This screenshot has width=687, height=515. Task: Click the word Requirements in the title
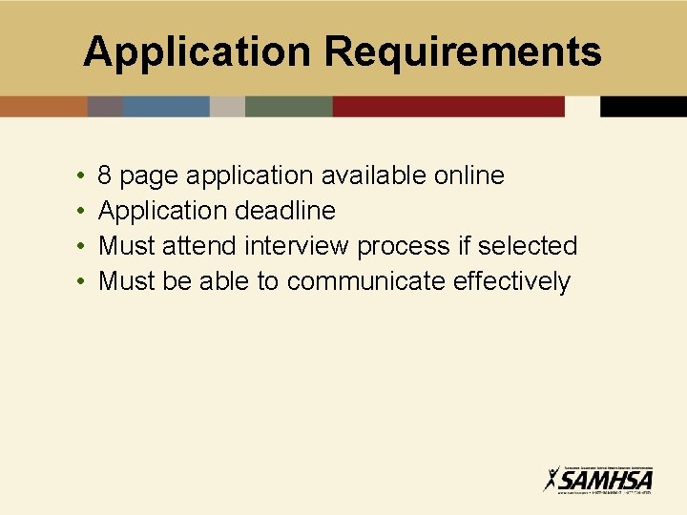pyautogui.click(x=464, y=52)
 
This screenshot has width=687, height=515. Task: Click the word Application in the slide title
pyautogui.click(x=199, y=52)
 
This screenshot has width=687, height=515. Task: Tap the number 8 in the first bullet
pyautogui.click(x=106, y=175)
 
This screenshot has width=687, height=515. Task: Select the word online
pyautogui.click(x=468, y=175)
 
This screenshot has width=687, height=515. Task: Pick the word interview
pyautogui.click(x=298, y=246)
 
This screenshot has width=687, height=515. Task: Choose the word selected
pyautogui.click(x=528, y=246)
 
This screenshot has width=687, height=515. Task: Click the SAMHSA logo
pyautogui.click(x=598, y=478)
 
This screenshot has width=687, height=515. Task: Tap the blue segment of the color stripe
pyautogui.click(x=166, y=106)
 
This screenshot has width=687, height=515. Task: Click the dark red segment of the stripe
pyautogui.click(x=448, y=106)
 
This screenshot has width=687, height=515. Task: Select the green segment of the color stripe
pyautogui.click(x=288, y=106)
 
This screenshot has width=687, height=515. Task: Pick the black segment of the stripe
pyautogui.click(x=643, y=106)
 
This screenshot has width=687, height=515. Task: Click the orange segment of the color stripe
pyautogui.click(x=43, y=106)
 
